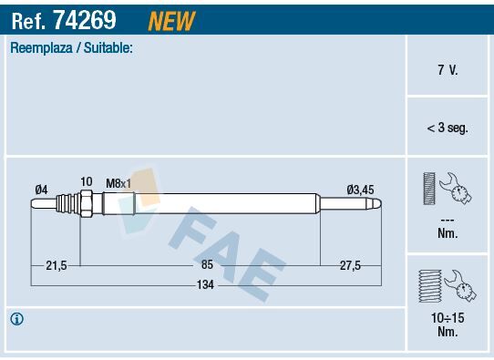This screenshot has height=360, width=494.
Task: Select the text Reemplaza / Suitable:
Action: tap(71, 48)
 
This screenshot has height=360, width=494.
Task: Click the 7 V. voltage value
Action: tap(448, 70)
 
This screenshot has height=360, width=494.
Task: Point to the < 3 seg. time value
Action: tap(448, 129)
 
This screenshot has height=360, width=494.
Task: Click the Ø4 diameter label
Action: tap(41, 189)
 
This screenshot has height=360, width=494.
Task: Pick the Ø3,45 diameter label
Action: tap(361, 189)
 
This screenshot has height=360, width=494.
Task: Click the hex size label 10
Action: tap(86, 182)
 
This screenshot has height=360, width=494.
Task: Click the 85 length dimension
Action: tap(207, 264)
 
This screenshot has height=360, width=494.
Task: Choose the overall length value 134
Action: tap(207, 284)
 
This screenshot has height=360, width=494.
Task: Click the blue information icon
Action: tap(16, 319)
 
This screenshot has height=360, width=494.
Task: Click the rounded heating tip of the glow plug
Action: tap(376, 207)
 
